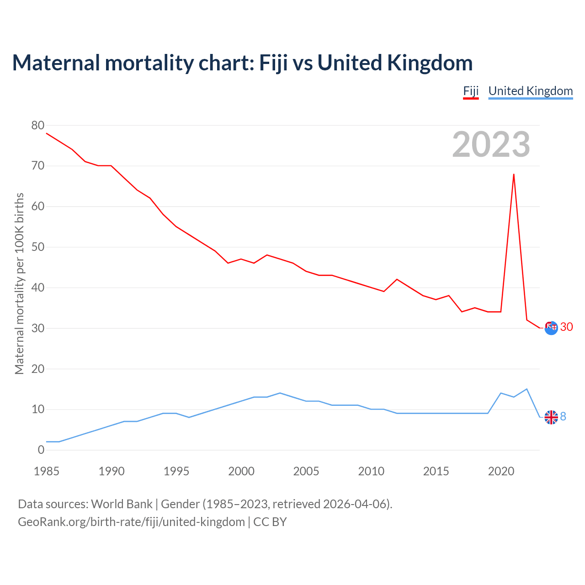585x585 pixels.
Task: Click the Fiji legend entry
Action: click(x=471, y=91)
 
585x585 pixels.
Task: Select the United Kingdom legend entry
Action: click(x=530, y=91)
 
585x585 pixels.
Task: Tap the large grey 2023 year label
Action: click(x=491, y=144)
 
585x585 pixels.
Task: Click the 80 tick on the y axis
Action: click(x=38, y=125)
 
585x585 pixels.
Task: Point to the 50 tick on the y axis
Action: click(x=38, y=247)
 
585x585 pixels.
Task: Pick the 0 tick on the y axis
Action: click(x=41, y=450)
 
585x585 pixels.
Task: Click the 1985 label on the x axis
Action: click(x=47, y=471)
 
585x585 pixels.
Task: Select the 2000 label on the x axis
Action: click(x=241, y=471)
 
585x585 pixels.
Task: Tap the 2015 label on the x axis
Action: click(x=436, y=471)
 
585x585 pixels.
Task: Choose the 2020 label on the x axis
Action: click(x=501, y=471)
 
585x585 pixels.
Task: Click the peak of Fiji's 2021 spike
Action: click(x=514, y=174)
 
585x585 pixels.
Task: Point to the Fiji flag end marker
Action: click(x=551, y=328)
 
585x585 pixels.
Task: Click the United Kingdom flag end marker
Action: click(x=551, y=417)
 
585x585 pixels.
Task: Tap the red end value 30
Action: click(x=566, y=327)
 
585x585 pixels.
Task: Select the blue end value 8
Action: click(x=563, y=416)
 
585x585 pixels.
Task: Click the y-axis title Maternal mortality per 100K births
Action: click(x=19, y=283)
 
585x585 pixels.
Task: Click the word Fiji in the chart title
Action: click(x=273, y=63)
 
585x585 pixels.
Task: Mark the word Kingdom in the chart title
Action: click(x=430, y=63)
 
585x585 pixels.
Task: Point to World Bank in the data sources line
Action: click(x=122, y=504)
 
